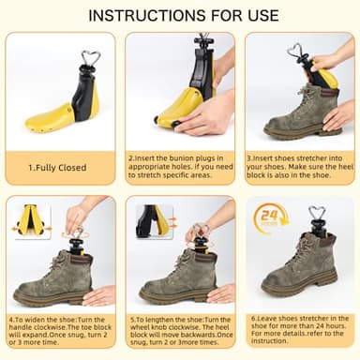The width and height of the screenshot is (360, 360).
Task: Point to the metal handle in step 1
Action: click(90, 58)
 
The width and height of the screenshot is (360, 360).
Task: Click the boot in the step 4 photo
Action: click(56, 277)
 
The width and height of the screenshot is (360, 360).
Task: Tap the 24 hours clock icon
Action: click(271, 219)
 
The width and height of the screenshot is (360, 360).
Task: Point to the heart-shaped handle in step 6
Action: click(316, 215)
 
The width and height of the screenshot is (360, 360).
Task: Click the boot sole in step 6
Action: click(300, 290)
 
